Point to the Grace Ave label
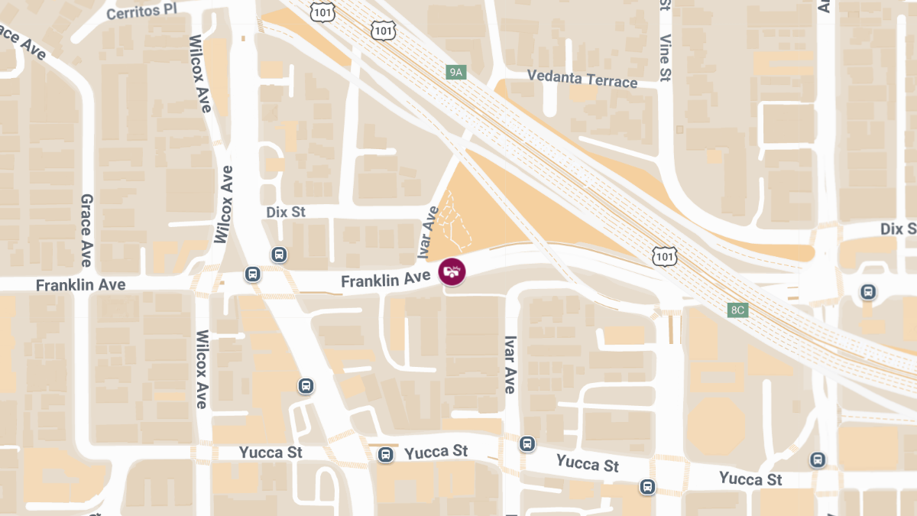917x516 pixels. click(x=86, y=230)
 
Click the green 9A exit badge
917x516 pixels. click(x=456, y=73)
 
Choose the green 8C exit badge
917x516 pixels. click(x=737, y=310)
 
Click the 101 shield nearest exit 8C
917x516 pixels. click(x=664, y=255)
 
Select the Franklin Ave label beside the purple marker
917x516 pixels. click(x=385, y=281)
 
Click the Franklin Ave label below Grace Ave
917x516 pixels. click(x=80, y=284)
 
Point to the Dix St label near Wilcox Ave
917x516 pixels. click(x=286, y=212)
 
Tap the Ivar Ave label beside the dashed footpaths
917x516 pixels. click(x=427, y=232)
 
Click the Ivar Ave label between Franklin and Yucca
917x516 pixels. click(x=510, y=365)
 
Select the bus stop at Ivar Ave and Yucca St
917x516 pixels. click(x=527, y=443)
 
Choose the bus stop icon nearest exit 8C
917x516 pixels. click(x=867, y=291)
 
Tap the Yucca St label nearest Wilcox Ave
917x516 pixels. click(x=271, y=453)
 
